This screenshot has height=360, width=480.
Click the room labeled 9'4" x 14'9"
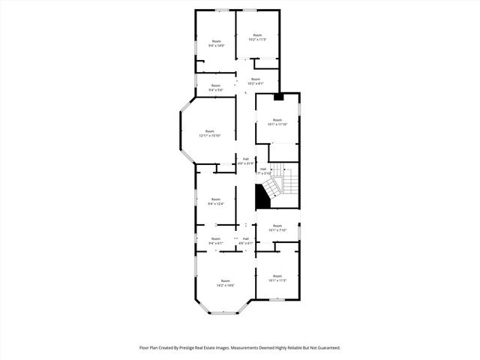tap(216, 43)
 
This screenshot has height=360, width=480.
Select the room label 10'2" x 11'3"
tap(257, 37)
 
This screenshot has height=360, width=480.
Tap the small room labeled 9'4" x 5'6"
tap(216, 88)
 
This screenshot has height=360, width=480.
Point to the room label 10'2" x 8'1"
tap(256, 81)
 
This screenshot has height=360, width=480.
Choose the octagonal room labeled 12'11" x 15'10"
tap(210, 133)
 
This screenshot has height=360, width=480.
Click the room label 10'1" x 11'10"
tap(277, 122)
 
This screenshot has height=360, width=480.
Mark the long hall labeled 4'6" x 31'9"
tap(245, 160)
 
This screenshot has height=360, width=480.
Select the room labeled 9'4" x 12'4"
tap(216, 201)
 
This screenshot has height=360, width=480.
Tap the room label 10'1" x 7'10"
tap(277, 228)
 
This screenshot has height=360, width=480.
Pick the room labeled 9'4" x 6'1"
tap(216, 241)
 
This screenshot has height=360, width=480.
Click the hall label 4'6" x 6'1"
tap(245, 241)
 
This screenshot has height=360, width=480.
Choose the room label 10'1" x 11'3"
tap(277, 278)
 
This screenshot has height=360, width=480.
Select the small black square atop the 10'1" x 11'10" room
tap(279, 96)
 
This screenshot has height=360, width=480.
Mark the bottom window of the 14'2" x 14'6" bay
tap(221, 312)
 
